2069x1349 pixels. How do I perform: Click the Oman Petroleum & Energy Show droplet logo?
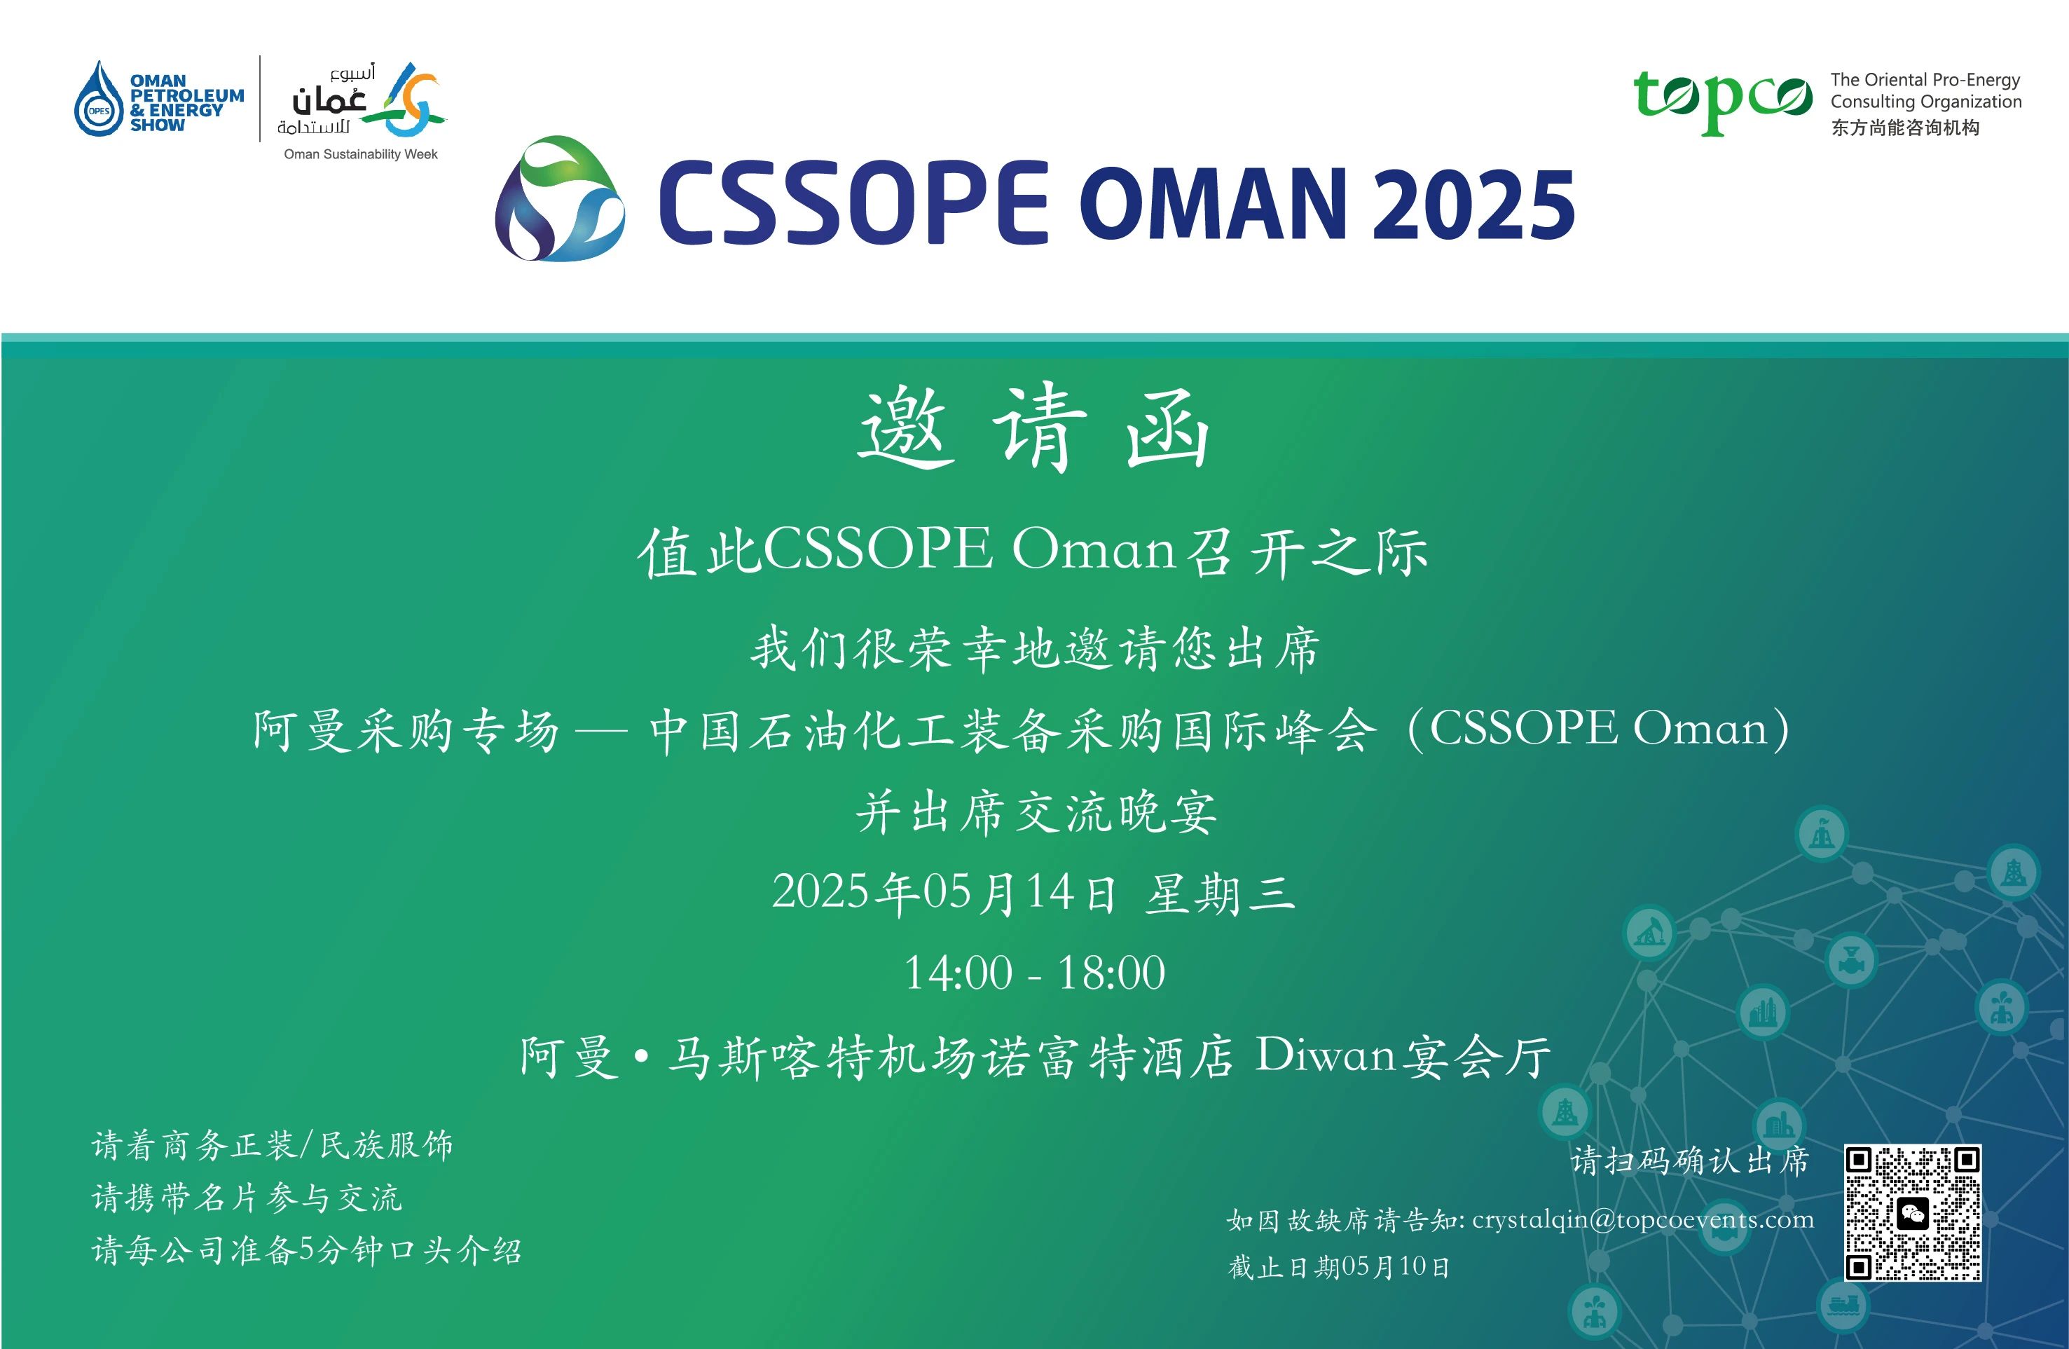click(x=98, y=98)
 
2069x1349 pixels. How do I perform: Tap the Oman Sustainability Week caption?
click(x=361, y=155)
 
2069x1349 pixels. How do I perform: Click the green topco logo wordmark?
click(x=1723, y=101)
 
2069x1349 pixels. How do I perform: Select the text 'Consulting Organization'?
click(x=1925, y=102)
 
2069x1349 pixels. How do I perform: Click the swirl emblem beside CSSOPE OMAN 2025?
click(x=560, y=198)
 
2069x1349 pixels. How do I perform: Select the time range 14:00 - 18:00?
click(x=1034, y=973)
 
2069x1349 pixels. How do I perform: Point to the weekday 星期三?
click(x=1220, y=894)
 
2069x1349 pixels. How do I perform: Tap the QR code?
click(x=1913, y=1212)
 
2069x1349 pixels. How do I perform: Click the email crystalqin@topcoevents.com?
click(x=1643, y=1219)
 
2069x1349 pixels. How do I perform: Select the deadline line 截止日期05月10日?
click(x=1339, y=1266)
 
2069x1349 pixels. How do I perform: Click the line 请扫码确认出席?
click(x=1689, y=1161)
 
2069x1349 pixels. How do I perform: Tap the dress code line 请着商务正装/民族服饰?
click(x=272, y=1146)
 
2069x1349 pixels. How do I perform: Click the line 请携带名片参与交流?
click(x=247, y=1198)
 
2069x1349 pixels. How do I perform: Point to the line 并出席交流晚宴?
click(x=1036, y=812)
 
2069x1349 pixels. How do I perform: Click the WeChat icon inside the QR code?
click(x=1913, y=1213)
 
